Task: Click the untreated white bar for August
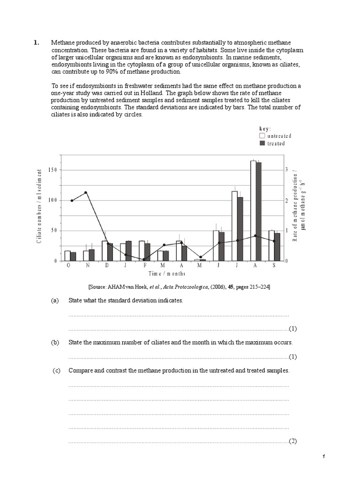coord(253,211)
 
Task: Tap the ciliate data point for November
coord(86,193)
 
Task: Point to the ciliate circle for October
coord(72,201)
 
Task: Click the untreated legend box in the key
coord(262,136)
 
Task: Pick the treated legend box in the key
coord(262,143)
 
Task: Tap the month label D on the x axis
coord(107,265)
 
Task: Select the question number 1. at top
coord(36,43)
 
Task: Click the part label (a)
coord(55,300)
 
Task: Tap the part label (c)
coord(57,370)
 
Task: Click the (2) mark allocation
coord(293,441)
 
